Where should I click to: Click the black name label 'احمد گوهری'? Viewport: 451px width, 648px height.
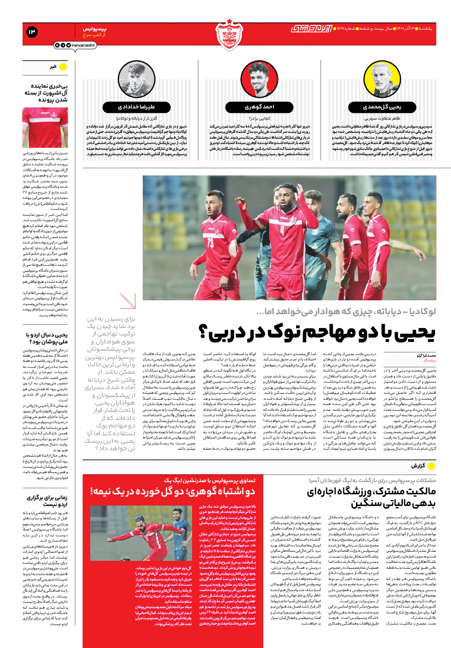(259, 106)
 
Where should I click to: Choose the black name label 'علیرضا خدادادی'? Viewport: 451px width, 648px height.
(132, 106)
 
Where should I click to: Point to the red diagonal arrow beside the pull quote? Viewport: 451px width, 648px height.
(127, 303)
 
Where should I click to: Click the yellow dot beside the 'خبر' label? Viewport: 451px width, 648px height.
(62, 67)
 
